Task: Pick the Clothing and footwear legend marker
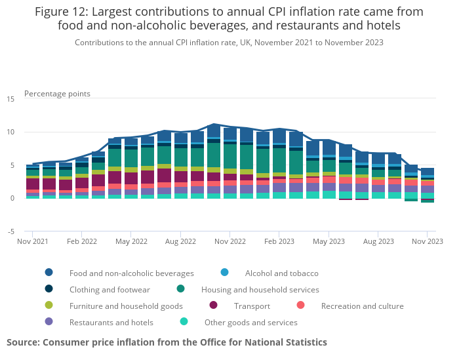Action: [49, 289]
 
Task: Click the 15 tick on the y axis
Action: [10, 99]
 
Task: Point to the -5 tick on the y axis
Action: [10, 231]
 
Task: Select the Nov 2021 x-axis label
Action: [33, 241]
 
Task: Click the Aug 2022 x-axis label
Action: [181, 241]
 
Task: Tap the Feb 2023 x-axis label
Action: [279, 241]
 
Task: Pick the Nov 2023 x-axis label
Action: [427, 241]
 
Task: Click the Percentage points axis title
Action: [57, 94]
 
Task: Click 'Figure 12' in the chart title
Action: [66, 12]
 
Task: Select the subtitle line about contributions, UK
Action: [229, 42]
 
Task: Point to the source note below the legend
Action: [167, 342]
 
